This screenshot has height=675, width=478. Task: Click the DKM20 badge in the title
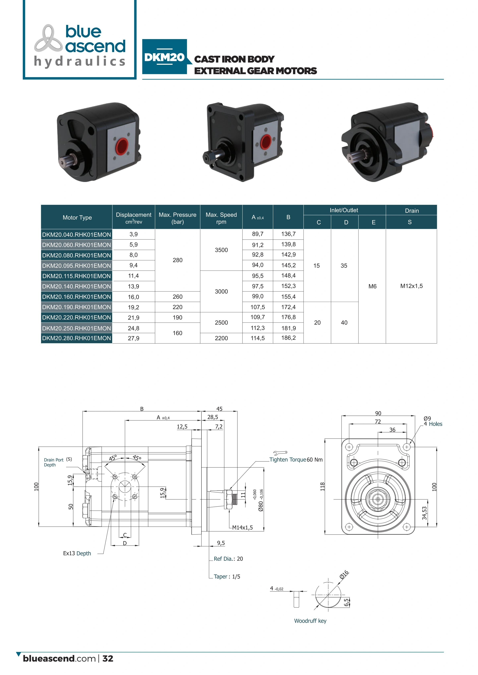[165, 57]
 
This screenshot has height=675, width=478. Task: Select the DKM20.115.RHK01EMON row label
[76, 276]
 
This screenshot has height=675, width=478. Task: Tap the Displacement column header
[134, 218]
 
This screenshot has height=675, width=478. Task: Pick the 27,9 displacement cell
[134, 338]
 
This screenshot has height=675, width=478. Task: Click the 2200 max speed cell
[221, 338]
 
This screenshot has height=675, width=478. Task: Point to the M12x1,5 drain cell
[412, 286]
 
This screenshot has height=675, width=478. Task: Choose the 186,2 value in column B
[288, 338]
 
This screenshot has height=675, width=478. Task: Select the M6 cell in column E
[372, 286]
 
